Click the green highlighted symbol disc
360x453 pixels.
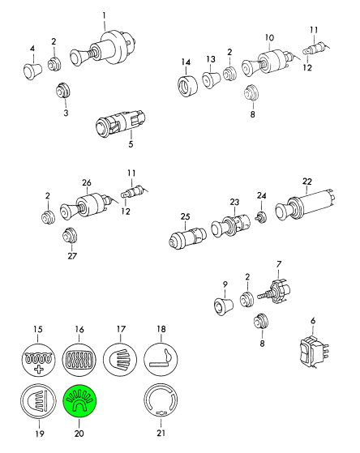pos(79,400)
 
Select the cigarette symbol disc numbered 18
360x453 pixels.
pos(161,359)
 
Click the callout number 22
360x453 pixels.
pos(307,182)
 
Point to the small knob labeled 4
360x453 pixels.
pos(32,71)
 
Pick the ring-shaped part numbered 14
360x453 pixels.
pos(187,86)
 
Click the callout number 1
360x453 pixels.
pos(104,15)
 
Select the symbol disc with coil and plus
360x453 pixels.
pos(38,359)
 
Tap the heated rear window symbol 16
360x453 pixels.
pos(79,359)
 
